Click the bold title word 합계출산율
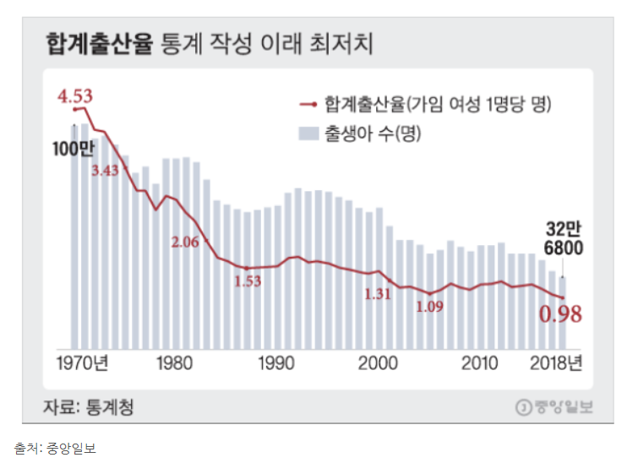tap(99, 43)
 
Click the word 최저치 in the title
tap(341, 43)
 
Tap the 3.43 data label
tap(106, 170)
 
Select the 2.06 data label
tap(184, 242)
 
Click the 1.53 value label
tap(248, 281)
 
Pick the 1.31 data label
tap(378, 294)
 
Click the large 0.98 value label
tap(561, 314)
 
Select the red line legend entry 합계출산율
tap(426, 105)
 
